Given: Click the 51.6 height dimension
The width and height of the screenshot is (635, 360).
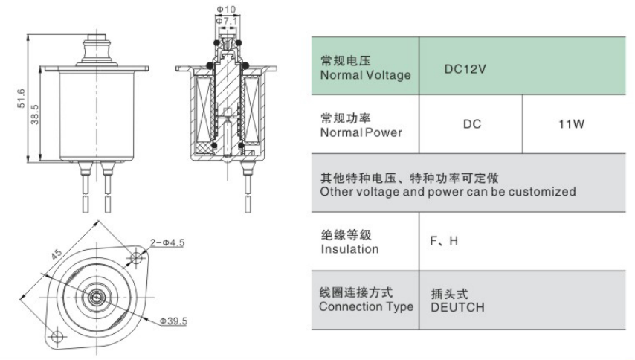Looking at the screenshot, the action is tap(21, 98).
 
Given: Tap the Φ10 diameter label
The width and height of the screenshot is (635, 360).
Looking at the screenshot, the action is tap(226, 9).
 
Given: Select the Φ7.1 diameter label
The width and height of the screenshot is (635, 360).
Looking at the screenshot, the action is tap(226, 21).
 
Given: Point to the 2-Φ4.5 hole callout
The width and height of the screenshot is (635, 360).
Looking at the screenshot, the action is tap(167, 242).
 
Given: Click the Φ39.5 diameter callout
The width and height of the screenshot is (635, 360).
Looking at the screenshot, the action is tap(173, 321).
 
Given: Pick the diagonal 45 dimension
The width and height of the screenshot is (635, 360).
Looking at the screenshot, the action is tap(57, 254).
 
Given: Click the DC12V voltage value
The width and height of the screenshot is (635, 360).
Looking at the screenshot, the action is tap(465, 69).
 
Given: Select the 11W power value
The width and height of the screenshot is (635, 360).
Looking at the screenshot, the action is tap(571, 124).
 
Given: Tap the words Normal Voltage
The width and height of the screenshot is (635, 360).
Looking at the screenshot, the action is tap(365, 75).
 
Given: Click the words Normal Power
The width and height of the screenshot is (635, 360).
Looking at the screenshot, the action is tap(361, 132).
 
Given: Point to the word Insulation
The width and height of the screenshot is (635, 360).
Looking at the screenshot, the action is tap(349, 249).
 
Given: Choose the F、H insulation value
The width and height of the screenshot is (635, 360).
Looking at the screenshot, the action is tap(444, 241).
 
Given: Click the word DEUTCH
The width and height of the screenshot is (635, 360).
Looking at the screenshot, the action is tap(457, 307).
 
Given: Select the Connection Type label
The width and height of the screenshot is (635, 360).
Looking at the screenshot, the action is tap(366, 306).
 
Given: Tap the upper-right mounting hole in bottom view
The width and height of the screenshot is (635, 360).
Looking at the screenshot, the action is tap(137, 257).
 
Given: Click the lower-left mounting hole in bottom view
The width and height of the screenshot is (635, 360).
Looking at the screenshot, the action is tap(57, 337).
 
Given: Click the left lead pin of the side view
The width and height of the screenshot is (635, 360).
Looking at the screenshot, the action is tap(85, 186).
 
